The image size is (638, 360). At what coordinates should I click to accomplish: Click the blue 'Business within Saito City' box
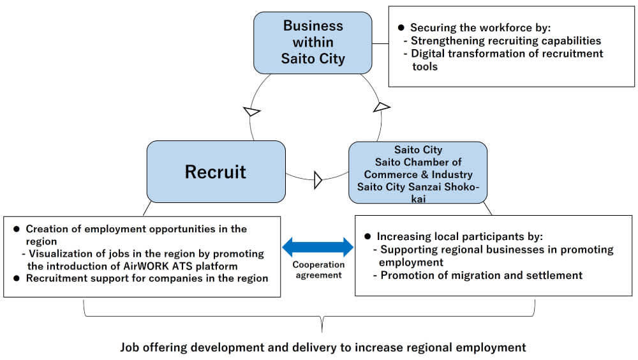click(x=313, y=43)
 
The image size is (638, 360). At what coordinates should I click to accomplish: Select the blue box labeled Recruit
click(x=216, y=171)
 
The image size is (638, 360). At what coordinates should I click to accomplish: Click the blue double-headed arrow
click(x=318, y=246)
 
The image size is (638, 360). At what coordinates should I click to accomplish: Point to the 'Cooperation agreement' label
click(x=318, y=270)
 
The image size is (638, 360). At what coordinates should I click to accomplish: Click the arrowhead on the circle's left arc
click(x=253, y=112)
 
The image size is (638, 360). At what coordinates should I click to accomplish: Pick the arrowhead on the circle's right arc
click(x=381, y=106)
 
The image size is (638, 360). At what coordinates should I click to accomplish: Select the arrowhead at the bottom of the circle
click(x=318, y=180)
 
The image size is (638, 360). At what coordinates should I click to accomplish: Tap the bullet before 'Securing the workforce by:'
click(x=401, y=28)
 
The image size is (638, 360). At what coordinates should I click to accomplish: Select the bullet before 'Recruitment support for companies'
click(x=17, y=278)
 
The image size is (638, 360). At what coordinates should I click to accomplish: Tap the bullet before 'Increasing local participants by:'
click(x=367, y=236)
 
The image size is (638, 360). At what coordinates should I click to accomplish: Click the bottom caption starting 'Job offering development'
click(x=323, y=348)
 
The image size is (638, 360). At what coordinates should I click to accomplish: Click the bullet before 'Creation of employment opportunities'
click(x=17, y=229)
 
